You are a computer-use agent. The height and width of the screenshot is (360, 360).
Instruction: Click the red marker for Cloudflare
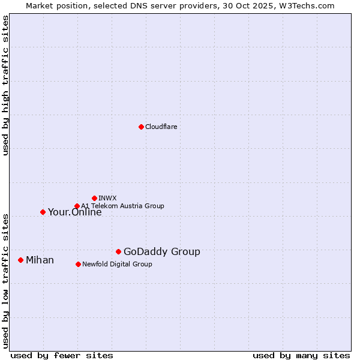[141, 127]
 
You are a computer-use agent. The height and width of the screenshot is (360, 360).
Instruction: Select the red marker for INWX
[94, 198]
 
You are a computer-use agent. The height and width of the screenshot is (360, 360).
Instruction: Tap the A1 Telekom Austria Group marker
[77, 206]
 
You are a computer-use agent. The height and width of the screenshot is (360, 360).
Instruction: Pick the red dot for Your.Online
[43, 212]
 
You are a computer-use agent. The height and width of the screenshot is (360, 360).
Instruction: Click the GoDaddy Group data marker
[118, 251]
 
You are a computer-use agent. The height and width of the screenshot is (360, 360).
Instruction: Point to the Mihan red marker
[20, 260]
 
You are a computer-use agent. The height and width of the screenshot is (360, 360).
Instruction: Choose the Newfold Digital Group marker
[78, 264]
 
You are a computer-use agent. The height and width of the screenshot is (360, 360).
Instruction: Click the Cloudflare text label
[161, 127]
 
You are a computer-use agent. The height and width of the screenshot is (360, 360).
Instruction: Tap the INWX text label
[107, 198]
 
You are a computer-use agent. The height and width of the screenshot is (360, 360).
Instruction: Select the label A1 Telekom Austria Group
[122, 206]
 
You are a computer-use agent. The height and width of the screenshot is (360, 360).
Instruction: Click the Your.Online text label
[74, 212]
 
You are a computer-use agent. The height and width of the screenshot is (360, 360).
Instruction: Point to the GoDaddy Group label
[161, 252]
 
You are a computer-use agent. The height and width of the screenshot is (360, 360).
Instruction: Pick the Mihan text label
[40, 260]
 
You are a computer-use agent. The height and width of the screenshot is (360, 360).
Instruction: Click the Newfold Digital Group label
[117, 264]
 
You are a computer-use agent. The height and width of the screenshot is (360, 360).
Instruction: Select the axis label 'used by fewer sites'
[62, 355]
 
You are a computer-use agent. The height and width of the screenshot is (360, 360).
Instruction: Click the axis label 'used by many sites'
[301, 355]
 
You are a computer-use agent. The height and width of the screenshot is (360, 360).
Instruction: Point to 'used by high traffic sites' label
[5, 86]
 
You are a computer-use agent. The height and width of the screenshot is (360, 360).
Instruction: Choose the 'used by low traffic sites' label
[5, 280]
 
